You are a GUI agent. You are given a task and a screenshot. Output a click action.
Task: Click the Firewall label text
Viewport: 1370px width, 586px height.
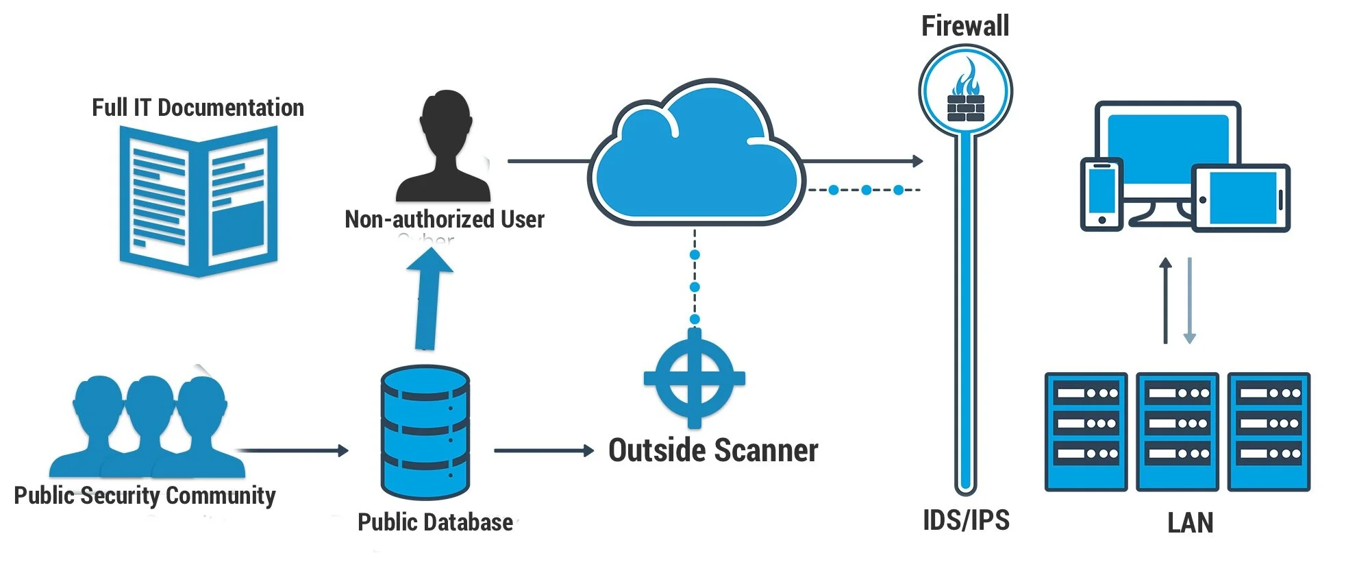pos(964,26)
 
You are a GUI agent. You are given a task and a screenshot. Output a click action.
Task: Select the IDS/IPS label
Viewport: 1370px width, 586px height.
pos(966,520)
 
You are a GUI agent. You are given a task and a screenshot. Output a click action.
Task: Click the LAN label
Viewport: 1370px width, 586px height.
pos(1190,523)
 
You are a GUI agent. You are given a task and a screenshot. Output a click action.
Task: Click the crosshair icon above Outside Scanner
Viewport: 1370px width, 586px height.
pos(694,378)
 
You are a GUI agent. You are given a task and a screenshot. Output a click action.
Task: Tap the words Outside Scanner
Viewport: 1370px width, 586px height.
pos(713,450)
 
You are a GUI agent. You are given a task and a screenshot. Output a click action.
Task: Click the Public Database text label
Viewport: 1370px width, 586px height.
pos(435,522)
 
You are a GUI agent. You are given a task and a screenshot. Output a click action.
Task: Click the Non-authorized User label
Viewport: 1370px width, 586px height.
pos(445,219)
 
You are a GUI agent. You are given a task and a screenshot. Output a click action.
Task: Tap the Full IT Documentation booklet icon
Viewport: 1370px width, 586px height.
pos(199,202)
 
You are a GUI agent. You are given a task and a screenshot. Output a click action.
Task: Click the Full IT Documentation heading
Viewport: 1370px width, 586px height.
pos(198,108)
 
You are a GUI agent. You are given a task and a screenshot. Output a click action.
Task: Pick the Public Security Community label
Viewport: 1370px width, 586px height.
pos(145,495)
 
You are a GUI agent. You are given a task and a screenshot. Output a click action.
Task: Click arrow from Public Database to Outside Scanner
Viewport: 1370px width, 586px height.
pos(543,450)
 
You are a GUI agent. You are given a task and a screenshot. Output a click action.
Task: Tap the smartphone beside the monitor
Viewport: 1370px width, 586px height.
pos(1101,194)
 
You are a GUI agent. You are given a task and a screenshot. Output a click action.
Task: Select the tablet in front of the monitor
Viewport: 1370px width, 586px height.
pos(1241,198)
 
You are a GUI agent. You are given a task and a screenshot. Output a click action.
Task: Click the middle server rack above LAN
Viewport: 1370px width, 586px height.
pos(1177,432)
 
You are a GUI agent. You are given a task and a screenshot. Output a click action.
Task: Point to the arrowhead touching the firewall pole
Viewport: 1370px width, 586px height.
pos(917,161)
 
